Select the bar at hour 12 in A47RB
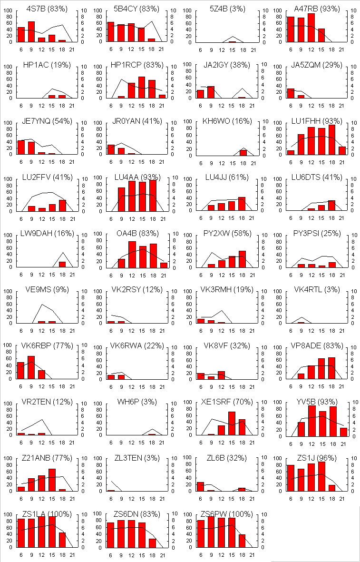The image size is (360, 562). (311, 28)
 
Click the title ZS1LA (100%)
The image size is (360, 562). (47, 514)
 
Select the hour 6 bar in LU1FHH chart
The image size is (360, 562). (291, 152)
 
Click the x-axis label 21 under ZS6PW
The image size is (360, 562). (252, 555)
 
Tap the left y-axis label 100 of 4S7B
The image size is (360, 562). (9, 11)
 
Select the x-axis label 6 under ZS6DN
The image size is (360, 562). (111, 555)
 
